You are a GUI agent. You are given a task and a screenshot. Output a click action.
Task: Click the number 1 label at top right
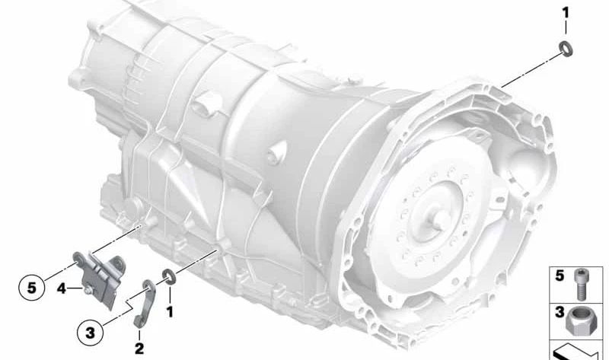[566, 13]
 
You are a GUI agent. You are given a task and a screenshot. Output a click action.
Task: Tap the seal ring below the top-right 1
[566, 49]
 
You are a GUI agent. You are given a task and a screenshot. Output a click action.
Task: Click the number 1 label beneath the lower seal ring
[169, 312]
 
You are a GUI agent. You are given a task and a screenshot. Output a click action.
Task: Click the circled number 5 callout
[32, 288]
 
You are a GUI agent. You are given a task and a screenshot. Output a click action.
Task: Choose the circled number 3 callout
[90, 333]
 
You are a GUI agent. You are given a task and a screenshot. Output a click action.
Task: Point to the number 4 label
[62, 288]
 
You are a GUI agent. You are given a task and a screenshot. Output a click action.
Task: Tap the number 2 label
[139, 348]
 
